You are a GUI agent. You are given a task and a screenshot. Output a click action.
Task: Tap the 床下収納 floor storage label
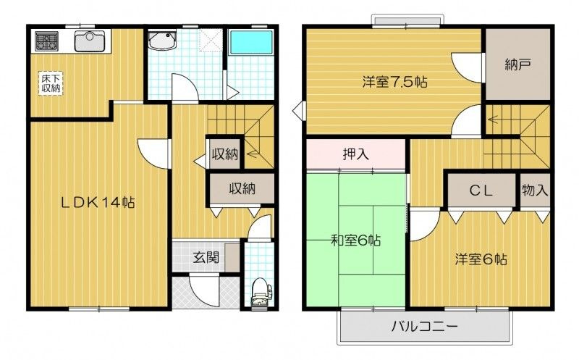point(50,82)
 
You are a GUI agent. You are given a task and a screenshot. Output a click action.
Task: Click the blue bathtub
point(250,45)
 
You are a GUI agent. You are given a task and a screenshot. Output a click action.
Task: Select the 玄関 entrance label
point(205,256)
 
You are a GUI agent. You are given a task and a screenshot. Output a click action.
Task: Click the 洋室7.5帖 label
point(394,82)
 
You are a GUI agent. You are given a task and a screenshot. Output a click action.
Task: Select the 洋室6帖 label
point(481,259)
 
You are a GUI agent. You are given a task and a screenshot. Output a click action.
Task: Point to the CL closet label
point(481,191)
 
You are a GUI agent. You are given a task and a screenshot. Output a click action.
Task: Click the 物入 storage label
point(536,191)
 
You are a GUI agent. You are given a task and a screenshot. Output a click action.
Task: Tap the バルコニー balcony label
point(425,327)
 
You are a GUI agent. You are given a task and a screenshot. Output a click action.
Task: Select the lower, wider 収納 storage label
point(242,188)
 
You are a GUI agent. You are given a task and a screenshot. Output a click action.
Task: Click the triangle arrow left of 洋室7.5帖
point(298,112)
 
